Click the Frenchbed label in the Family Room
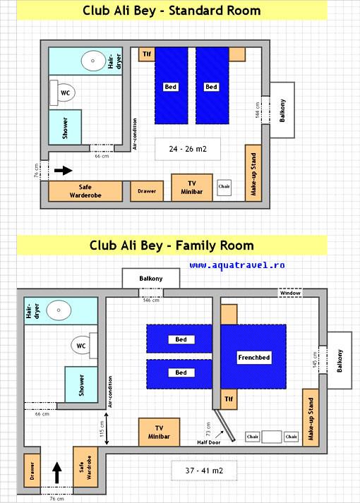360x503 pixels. click(254, 358)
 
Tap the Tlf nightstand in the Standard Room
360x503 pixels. click(147, 54)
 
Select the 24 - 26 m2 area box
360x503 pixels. click(188, 149)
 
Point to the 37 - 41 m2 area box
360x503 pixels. click(204, 471)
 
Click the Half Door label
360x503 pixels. click(208, 442)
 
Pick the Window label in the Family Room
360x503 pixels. click(290, 293)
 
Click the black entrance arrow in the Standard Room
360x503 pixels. click(64, 170)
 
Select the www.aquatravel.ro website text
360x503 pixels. click(236, 265)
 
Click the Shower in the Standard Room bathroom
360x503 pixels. click(65, 128)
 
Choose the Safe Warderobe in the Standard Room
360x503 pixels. click(85, 191)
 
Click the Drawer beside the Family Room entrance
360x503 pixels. click(32, 471)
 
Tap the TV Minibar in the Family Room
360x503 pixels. click(159, 432)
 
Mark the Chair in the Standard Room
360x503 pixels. click(224, 188)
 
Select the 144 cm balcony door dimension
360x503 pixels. click(258, 110)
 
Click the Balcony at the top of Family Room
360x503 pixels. click(151, 278)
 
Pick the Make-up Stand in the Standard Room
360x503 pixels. click(253, 174)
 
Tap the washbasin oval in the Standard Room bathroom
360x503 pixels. click(93, 61)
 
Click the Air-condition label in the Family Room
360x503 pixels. click(110, 392)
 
